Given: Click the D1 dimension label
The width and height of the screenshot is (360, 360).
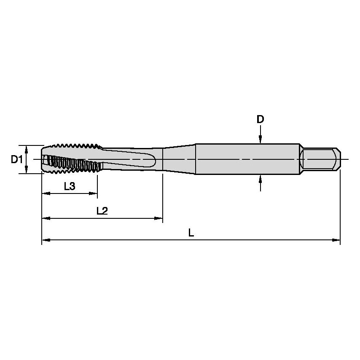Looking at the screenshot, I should (16, 159).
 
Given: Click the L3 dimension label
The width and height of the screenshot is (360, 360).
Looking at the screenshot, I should (70, 186).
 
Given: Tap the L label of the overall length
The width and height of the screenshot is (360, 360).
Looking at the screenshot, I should (191, 233).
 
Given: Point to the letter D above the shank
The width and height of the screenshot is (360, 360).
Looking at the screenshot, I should (261, 119).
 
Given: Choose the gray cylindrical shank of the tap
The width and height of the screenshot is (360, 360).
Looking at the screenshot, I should (247, 159).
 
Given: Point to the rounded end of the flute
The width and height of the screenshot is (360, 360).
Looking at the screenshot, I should (154, 160).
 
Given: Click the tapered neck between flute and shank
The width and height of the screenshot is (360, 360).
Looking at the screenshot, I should (179, 159).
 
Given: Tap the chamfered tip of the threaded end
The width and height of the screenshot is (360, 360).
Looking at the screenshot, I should (44, 159).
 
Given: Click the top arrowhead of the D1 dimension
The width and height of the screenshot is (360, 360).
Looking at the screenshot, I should (27, 148).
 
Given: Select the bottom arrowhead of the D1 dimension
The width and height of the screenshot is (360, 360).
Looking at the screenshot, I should (27, 170).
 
